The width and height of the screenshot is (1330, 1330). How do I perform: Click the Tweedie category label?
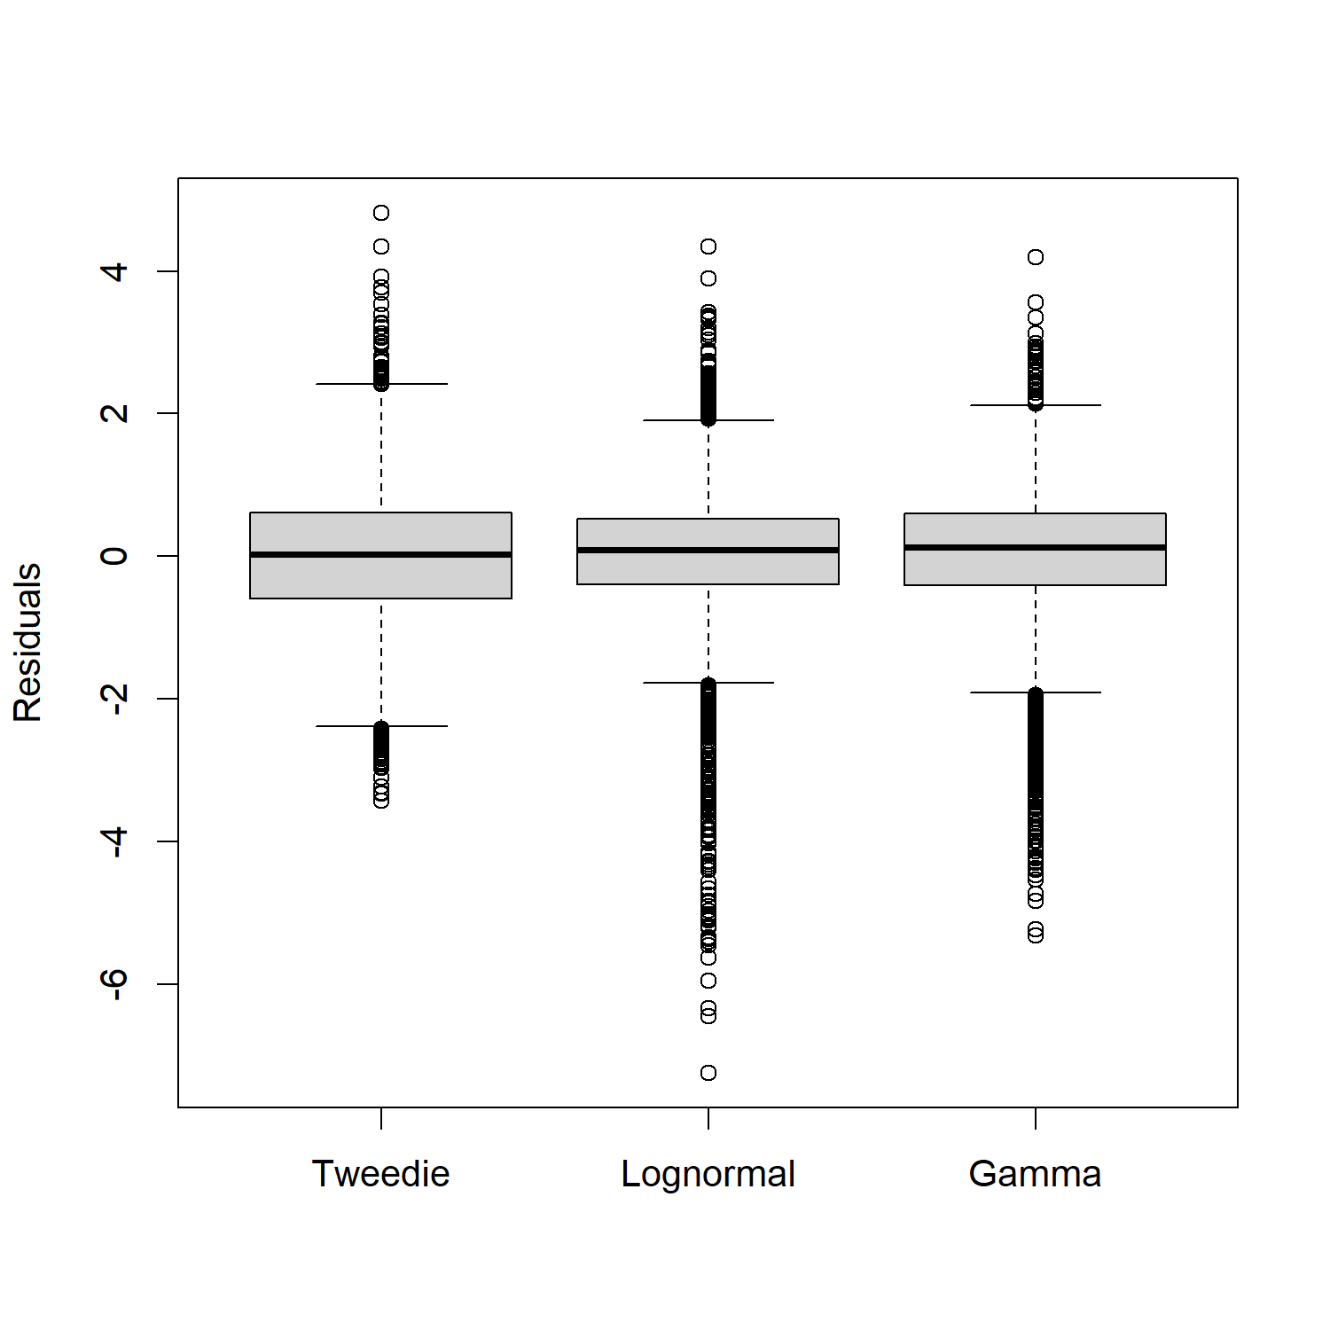(380, 1174)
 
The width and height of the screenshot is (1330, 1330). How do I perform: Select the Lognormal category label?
(708, 1174)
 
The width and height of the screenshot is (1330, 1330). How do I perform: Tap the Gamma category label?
(1035, 1174)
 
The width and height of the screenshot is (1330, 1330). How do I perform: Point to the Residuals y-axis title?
(27, 642)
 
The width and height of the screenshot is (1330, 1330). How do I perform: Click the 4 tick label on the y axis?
(114, 270)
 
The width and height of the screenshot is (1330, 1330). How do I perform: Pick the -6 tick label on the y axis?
(114, 983)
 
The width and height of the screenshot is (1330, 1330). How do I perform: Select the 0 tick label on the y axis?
(114, 556)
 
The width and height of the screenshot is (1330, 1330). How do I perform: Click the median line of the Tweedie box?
(380, 554)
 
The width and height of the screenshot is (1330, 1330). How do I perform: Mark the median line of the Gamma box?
(1035, 547)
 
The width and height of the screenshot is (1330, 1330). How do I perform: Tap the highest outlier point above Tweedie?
(381, 213)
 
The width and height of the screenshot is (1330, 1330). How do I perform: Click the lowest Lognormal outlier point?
(708, 1073)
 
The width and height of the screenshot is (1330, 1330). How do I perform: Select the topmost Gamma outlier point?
(1036, 257)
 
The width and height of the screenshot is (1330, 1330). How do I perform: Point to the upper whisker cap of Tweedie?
(381, 384)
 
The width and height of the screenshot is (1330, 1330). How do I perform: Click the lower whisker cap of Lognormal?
(708, 683)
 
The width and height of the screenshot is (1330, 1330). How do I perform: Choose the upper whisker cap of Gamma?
(1036, 405)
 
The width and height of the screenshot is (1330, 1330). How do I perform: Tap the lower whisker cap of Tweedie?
(381, 726)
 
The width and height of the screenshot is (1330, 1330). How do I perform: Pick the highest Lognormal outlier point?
(708, 246)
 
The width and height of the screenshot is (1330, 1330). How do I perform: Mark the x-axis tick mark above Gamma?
(1036, 1118)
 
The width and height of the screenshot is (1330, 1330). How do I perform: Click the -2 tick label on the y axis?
(114, 699)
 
